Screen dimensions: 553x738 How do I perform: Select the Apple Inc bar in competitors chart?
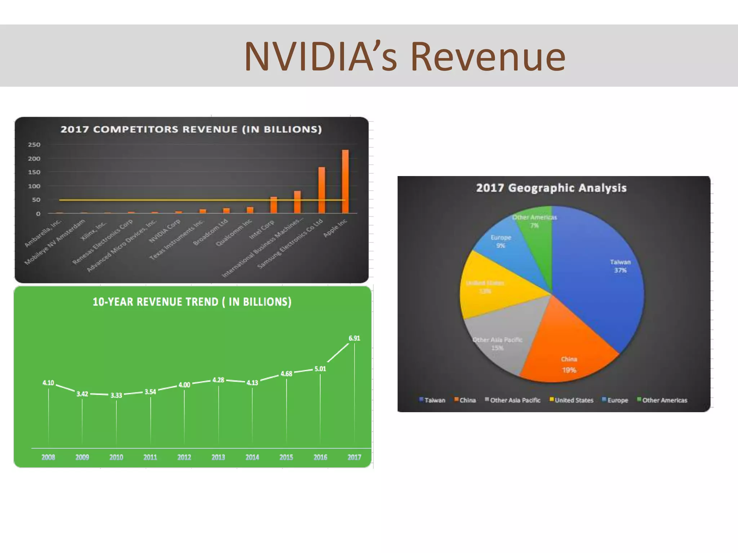click(345, 181)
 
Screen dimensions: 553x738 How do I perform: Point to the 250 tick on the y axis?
click(34, 145)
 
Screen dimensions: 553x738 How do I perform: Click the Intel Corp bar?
click(274, 205)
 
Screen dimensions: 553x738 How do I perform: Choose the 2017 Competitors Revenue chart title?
click(191, 129)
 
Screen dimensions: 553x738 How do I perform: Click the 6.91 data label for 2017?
click(354, 338)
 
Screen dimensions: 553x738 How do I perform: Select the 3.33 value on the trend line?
click(116, 395)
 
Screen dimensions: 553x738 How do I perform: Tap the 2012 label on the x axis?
click(184, 457)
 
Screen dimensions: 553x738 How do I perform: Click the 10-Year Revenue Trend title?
click(192, 302)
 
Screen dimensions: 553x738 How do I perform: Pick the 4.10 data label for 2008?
click(48, 383)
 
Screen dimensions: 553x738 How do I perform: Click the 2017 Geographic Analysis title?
click(551, 188)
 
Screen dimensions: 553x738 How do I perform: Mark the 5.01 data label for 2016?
click(320, 369)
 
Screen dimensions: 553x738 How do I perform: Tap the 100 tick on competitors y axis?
click(34, 186)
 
